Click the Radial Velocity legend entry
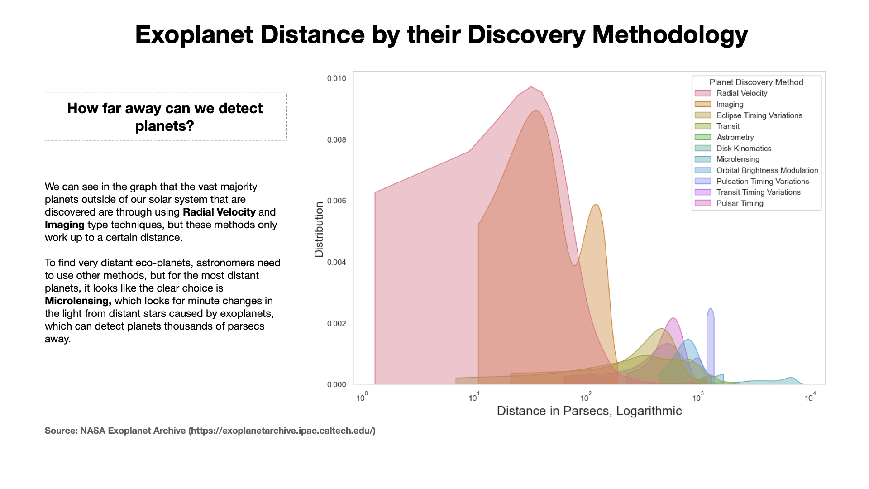741,93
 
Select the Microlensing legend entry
738,159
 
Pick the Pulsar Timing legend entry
740,203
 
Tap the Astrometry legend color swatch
703,137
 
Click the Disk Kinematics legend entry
744,149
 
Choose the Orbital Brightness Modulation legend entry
767,170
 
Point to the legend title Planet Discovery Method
756,82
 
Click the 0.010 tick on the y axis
336,78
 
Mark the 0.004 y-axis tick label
336,262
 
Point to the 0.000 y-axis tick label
336,384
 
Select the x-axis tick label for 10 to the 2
586,398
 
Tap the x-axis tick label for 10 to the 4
810,398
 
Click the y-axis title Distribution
319,229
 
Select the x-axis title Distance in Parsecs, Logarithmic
589,411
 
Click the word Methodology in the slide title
670,34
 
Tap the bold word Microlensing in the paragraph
78,301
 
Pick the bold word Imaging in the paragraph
65,225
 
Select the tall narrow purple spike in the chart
711,344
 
